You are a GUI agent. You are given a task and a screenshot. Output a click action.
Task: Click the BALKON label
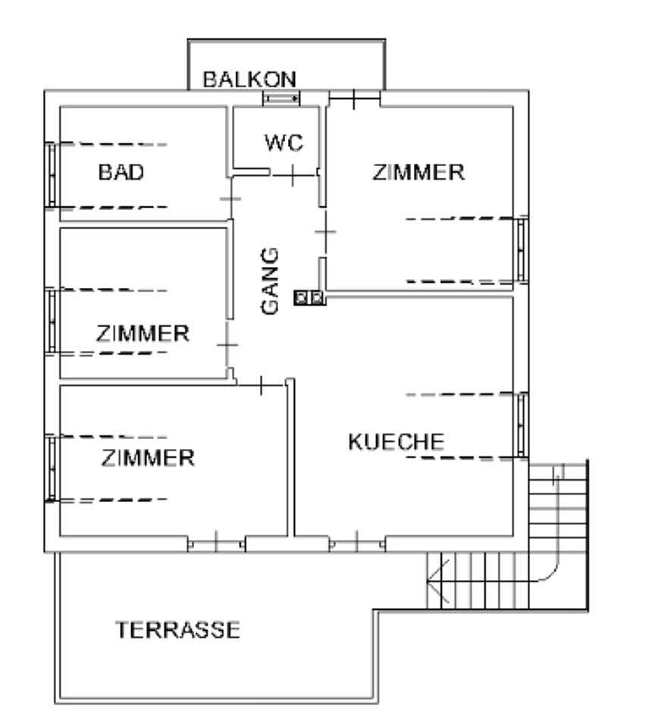[249, 80]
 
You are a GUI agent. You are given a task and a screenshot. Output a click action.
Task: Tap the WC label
[284, 143]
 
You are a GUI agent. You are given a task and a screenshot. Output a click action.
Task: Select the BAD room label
[121, 172]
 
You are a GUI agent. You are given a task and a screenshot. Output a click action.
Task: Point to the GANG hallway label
[270, 281]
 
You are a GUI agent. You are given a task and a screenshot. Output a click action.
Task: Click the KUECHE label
[396, 441]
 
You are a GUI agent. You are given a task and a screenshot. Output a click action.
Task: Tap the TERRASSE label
[177, 630]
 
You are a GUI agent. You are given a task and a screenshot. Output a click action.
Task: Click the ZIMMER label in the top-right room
[418, 172]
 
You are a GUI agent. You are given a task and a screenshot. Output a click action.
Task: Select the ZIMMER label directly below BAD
[143, 334]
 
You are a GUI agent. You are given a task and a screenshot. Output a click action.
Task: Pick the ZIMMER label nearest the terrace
[148, 458]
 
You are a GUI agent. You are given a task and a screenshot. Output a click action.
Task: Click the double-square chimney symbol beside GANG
[309, 297]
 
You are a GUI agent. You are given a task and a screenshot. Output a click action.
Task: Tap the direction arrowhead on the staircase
[437, 580]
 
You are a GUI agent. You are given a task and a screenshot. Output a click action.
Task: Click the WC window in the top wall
[281, 99]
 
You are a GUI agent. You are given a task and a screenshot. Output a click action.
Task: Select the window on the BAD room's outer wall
[51, 174]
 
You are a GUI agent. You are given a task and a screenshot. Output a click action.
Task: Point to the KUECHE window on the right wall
[522, 425]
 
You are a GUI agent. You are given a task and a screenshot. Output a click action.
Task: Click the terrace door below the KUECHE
[357, 543]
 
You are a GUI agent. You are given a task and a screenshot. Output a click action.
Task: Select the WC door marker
[293, 175]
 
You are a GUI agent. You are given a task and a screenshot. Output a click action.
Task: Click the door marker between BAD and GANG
[230, 199]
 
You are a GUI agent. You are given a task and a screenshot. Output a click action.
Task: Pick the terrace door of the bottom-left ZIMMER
[216, 543]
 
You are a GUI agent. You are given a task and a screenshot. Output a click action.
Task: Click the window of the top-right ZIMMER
[522, 249]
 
